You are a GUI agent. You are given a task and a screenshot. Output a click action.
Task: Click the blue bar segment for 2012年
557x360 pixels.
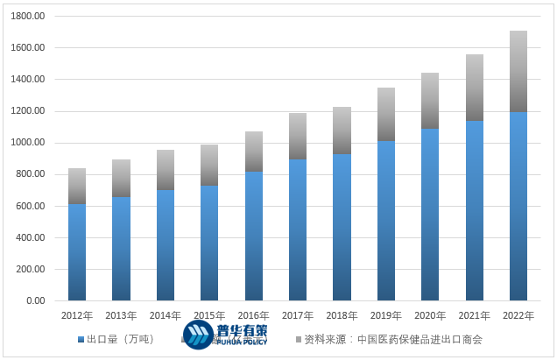[77, 252]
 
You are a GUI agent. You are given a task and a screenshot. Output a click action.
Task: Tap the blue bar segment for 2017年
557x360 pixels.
[298, 229]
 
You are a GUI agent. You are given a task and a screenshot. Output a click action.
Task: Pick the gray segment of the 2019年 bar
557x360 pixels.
[386, 114]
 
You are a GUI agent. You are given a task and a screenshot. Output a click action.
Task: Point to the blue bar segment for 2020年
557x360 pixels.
[430, 215]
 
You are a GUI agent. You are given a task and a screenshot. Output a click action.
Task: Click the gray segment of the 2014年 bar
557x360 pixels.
[166, 170]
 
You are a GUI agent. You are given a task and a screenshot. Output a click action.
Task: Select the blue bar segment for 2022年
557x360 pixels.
[518, 206]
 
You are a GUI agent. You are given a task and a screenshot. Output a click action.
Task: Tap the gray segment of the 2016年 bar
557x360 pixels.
[254, 152]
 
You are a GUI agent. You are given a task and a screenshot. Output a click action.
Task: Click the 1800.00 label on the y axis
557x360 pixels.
[30, 17]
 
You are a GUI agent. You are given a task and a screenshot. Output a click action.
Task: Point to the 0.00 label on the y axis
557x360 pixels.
[36, 301]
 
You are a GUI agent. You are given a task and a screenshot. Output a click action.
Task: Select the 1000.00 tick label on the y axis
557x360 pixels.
[30, 143]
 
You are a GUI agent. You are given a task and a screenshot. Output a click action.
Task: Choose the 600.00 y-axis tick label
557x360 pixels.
[32, 206]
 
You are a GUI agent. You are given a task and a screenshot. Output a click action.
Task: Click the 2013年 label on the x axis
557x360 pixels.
[121, 315]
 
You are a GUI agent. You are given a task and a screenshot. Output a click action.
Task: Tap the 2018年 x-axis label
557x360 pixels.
[342, 315]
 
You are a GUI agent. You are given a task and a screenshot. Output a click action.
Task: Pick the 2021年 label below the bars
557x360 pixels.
[474, 315]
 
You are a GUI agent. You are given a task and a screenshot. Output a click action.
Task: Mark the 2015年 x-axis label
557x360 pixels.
[209, 315]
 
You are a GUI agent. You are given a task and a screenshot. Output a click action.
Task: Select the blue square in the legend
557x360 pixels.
[81, 339]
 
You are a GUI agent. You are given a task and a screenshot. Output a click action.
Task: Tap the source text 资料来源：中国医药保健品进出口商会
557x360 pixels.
[393, 339]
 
